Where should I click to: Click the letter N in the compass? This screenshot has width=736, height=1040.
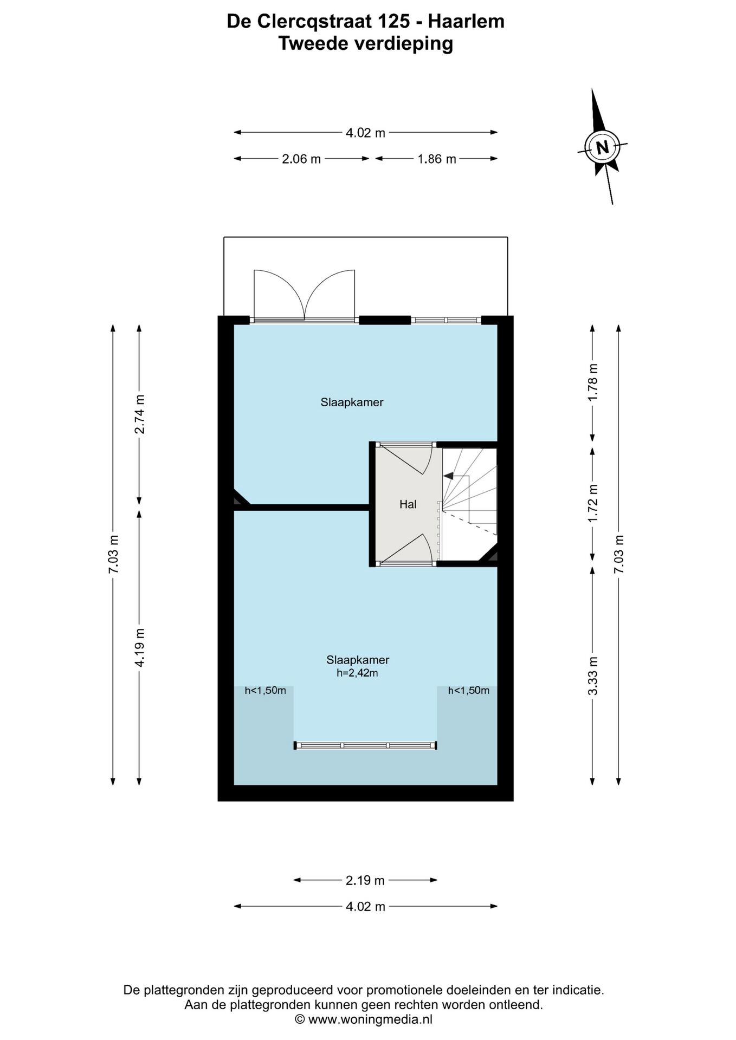[x=602, y=147]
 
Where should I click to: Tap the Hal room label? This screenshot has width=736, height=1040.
[x=408, y=504]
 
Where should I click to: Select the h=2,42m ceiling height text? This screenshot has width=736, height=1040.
[x=357, y=673]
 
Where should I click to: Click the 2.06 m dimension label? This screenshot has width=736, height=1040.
[x=301, y=159]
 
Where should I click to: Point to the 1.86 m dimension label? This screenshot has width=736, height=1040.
[x=437, y=159]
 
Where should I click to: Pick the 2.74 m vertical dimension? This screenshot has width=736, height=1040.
[x=139, y=414]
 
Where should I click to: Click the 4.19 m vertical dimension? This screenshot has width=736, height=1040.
[x=139, y=648]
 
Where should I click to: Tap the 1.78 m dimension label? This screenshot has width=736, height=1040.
[x=592, y=382]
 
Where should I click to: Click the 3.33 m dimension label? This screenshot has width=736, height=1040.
[x=592, y=676]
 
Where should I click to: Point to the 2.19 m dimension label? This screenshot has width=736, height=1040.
[x=365, y=880]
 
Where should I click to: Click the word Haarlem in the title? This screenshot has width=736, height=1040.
[x=466, y=21]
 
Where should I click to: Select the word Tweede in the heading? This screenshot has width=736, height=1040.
[x=313, y=43]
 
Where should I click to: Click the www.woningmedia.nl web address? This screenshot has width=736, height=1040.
[x=370, y=1019]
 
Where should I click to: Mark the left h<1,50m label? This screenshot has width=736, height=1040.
[x=265, y=690]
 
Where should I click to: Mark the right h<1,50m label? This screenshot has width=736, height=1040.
[x=469, y=690]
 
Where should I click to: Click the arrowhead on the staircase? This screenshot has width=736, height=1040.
[x=448, y=476]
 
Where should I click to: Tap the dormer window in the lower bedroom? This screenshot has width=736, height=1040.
[x=365, y=745]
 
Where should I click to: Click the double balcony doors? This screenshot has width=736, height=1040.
[x=305, y=295]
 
